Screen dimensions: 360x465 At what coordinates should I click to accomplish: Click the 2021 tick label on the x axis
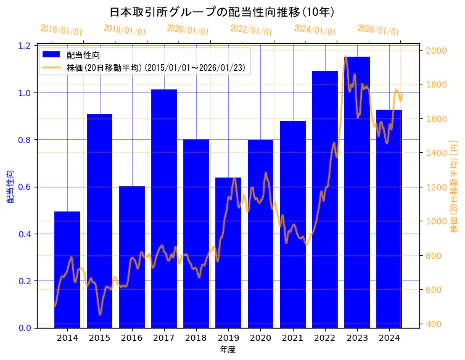(x=293, y=338)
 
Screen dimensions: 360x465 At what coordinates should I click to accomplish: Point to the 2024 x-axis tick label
(x=389, y=338)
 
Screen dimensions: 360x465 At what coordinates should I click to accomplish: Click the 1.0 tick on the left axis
(x=25, y=93)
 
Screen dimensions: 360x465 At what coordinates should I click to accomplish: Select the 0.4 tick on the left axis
(x=25, y=234)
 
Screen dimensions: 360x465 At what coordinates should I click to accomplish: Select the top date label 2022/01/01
(x=251, y=31)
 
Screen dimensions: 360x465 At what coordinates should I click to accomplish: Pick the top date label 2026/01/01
(x=378, y=31)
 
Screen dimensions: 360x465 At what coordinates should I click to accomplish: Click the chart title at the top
(x=222, y=12)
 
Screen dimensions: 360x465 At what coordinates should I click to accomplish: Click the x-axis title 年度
(x=228, y=350)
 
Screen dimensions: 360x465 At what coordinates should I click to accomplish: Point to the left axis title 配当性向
(x=10, y=187)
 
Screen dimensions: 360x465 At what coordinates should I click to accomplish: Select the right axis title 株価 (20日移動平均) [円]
(x=454, y=187)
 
